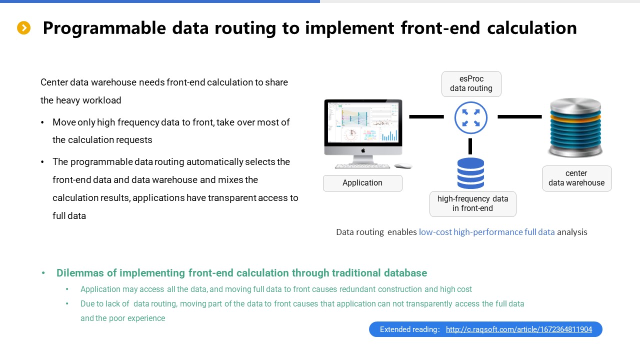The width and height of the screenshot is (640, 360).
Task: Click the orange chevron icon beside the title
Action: (23, 27)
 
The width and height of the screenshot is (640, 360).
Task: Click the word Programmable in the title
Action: (104, 28)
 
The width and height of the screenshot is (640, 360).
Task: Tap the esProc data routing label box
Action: (471, 83)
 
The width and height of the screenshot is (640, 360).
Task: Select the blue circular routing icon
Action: (470, 117)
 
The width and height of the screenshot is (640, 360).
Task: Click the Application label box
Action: (362, 183)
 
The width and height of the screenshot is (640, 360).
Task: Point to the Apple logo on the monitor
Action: (363, 150)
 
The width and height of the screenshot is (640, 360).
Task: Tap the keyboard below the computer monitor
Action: (362, 166)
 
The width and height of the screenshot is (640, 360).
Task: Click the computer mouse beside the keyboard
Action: (403, 165)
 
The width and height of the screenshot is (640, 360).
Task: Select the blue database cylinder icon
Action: (470, 173)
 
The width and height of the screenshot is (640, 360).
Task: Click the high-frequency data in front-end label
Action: (473, 203)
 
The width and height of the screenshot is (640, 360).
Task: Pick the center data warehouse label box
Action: (577, 178)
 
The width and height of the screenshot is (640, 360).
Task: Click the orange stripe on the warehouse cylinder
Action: (575, 117)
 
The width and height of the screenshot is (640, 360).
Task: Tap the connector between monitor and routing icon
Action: (426, 116)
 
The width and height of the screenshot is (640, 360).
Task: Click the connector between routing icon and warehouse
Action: (519, 116)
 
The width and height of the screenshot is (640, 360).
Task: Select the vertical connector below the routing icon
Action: (470, 146)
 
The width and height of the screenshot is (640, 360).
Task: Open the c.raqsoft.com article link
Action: (519, 329)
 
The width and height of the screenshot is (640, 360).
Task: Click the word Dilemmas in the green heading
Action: (80, 273)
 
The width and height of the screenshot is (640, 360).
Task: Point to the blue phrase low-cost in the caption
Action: (435, 232)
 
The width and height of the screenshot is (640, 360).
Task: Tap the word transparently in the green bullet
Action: (429, 303)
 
